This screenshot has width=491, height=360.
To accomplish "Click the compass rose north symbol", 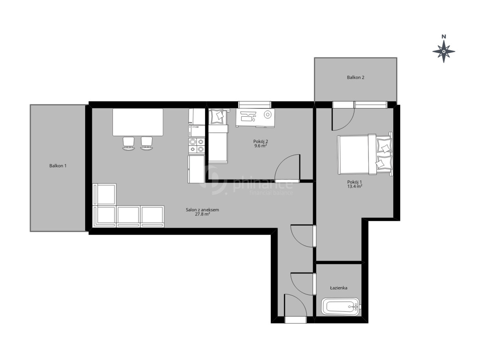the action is pyautogui.click(x=444, y=52).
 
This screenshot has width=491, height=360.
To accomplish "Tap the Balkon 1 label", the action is pyautogui.click(x=58, y=166).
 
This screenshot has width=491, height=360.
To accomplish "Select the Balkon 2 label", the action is pyautogui.click(x=356, y=77).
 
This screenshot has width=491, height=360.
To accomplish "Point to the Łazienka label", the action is pyautogui.click(x=339, y=288).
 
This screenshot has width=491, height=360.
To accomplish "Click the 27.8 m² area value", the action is pyautogui.click(x=203, y=214).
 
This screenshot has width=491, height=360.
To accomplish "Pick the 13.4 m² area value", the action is pyautogui.click(x=355, y=186).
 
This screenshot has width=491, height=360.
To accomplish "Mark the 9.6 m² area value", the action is pyautogui.click(x=261, y=146).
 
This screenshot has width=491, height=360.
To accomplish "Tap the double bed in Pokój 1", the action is pyautogui.click(x=365, y=154).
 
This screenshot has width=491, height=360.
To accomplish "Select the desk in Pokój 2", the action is pyautogui.click(x=255, y=118).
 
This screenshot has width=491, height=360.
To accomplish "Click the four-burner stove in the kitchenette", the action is pyautogui.click(x=196, y=145).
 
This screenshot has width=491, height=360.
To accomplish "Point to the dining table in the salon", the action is pyautogui.click(x=138, y=122).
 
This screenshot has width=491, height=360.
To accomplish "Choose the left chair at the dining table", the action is pyautogui.click(x=128, y=144).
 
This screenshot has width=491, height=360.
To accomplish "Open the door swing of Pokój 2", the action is pyautogui.click(x=287, y=168).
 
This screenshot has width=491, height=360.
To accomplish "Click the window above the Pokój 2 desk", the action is pyautogui.click(x=255, y=104).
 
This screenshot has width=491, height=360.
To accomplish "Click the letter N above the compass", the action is pyautogui.click(x=444, y=36).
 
